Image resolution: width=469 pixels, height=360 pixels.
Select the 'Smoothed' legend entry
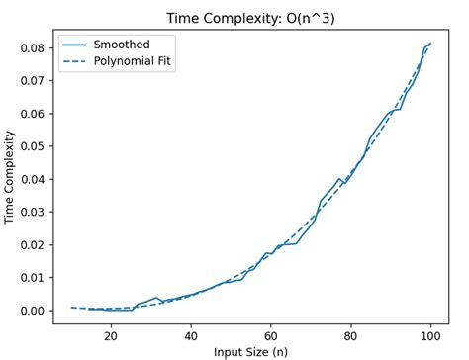(x=121, y=45)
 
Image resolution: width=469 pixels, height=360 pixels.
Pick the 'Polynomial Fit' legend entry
(x=137, y=62)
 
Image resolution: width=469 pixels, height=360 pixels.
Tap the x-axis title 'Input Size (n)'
(x=250, y=349)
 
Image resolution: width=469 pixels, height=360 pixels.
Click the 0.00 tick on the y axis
(x=32, y=311)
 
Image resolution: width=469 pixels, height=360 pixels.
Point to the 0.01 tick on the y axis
(x=32, y=278)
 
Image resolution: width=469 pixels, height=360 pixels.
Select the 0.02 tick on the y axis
(x=32, y=244)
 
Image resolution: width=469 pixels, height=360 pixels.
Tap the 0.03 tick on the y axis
(x=32, y=212)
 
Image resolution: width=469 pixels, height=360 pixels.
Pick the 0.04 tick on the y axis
(x=32, y=179)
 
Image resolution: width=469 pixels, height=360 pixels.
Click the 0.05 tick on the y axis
(x=32, y=146)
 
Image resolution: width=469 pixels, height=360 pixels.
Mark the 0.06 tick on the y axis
(x=32, y=114)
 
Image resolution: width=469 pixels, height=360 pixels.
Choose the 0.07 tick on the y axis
(x=32, y=80)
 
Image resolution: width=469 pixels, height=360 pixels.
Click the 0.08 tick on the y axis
(x=32, y=47)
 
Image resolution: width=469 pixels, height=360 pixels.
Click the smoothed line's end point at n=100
(x=430, y=44)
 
